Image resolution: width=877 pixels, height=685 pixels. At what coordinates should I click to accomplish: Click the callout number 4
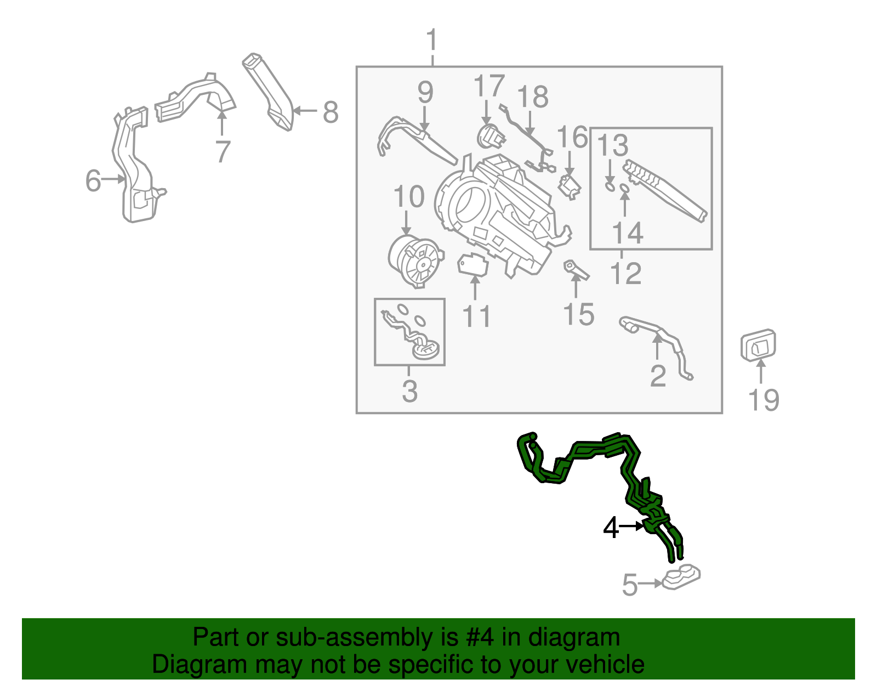[611, 528]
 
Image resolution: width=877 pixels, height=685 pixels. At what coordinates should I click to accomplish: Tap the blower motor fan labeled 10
[415, 261]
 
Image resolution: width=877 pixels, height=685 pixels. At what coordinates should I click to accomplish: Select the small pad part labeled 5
[681, 578]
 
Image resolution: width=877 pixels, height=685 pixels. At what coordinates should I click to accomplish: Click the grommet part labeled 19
[758, 346]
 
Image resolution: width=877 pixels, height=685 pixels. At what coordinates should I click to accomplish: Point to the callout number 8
[331, 112]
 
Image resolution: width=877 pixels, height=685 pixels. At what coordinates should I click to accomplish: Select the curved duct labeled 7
[197, 99]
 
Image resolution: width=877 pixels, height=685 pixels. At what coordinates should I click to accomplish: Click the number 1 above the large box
[432, 41]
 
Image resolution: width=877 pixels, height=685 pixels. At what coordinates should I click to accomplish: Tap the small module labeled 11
[472, 265]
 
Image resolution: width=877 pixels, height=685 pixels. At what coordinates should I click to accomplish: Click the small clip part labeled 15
[575, 269]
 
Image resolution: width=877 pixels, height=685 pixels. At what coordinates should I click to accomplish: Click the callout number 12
[625, 273]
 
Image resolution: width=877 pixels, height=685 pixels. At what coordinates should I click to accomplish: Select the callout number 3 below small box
[409, 391]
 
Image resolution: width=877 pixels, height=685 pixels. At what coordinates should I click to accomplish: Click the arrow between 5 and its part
[652, 584]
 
